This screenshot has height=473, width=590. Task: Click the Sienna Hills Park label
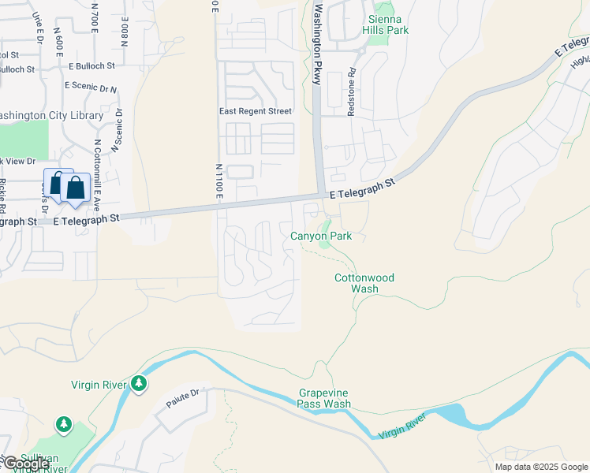385,24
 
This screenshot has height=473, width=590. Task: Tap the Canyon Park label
321,236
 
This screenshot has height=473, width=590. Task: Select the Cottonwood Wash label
364,283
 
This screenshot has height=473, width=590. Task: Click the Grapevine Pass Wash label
324,398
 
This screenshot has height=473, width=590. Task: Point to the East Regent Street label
255,112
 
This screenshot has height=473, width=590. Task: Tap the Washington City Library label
50,115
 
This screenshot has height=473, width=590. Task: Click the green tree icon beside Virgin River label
139,384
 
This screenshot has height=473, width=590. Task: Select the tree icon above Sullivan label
63,426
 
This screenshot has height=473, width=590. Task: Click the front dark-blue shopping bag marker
76,190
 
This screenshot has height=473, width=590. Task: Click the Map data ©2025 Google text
541,467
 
